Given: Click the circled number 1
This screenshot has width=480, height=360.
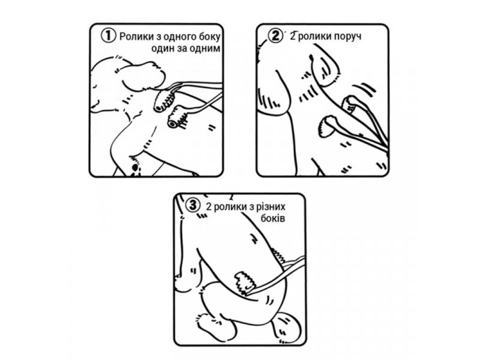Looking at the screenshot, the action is tap(109, 35).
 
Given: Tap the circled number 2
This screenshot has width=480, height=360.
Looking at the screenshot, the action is tap(275, 35).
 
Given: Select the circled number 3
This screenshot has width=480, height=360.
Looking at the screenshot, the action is tap(193, 205).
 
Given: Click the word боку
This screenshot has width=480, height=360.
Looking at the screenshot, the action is tap(210, 37).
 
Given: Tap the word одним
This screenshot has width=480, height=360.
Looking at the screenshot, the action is tap(205, 49).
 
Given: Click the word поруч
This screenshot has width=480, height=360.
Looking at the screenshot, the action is tap(347, 37).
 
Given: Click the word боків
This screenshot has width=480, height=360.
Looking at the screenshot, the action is tap(273, 218).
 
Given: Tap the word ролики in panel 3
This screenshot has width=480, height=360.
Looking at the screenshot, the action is tap(230, 208).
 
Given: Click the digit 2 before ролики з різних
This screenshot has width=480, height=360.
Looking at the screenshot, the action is tap(209, 207).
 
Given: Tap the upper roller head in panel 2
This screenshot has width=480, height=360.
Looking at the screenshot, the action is tap(349, 104).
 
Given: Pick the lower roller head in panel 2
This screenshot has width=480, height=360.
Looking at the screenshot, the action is tap(327, 126).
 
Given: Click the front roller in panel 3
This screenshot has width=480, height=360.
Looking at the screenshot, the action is tap(245, 281).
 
